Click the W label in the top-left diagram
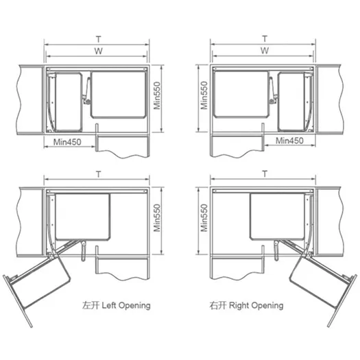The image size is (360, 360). (x=98, y=51)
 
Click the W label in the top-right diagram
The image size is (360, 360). (x=265, y=51)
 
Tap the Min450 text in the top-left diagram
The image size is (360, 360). (x=67, y=142)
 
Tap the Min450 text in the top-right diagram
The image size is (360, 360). (x=289, y=141)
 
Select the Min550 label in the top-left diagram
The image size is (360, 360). (x=157, y=95)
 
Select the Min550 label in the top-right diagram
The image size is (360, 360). (x=204, y=95)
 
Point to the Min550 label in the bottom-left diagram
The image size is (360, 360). (x=157, y=218)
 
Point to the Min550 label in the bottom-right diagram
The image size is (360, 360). (x=204, y=218)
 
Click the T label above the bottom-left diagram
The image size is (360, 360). (x=99, y=174)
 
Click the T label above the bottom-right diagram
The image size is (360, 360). (x=265, y=173)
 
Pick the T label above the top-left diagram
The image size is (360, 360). (x=99, y=39)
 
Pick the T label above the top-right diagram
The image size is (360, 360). (x=265, y=38)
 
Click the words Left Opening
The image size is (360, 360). (x=126, y=306)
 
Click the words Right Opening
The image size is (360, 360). (x=256, y=306)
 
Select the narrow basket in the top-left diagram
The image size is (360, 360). (x=69, y=102)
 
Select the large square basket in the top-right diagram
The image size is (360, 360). (x=241, y=95)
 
